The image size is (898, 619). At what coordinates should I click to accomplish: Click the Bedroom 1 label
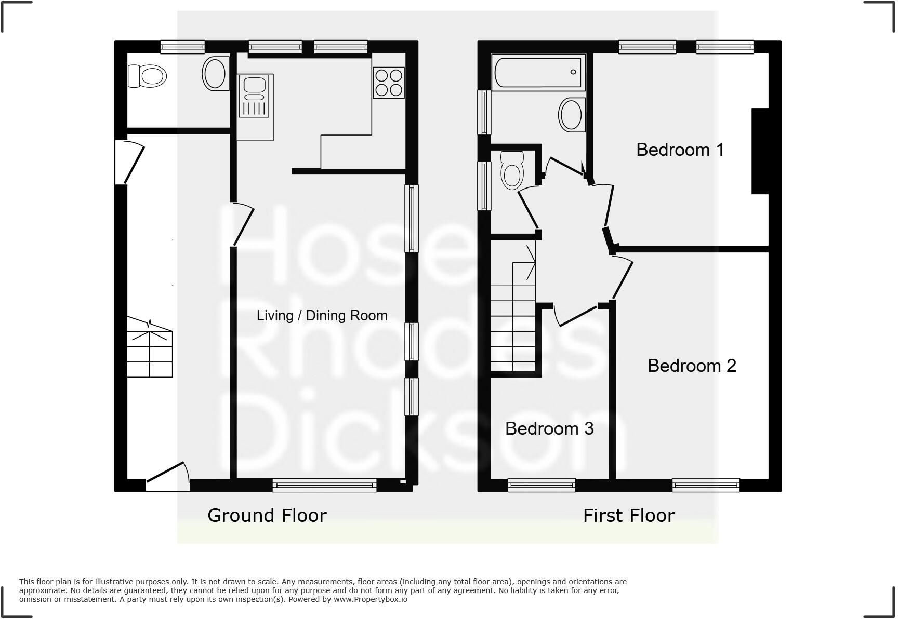pos(680,150)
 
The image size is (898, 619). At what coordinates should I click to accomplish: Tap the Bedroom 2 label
pos(692,366)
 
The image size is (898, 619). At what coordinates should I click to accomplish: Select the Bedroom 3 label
pos(549,428)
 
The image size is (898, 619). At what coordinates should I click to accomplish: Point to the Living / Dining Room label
pos(322,315)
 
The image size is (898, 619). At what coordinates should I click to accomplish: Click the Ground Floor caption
pos(267,515)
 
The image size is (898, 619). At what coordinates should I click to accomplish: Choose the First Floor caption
pos(629,516)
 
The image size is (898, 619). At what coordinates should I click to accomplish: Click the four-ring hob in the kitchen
pos(389,83)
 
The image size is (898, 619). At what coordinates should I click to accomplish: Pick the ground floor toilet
pos(147,76)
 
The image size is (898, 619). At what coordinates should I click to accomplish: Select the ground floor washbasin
pos(215,74)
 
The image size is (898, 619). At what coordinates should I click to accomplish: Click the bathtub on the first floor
pos(537,72)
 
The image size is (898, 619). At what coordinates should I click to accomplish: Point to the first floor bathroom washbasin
pos(571,115)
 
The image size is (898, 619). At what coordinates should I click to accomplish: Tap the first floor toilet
pos(512,170)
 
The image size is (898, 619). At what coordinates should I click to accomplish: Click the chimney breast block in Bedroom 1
pos(760,151)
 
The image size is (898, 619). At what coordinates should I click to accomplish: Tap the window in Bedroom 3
pos(542,485)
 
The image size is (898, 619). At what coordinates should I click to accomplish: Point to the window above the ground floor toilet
pos(182,47)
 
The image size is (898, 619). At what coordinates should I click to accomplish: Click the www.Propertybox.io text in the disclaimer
pos(371,599)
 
